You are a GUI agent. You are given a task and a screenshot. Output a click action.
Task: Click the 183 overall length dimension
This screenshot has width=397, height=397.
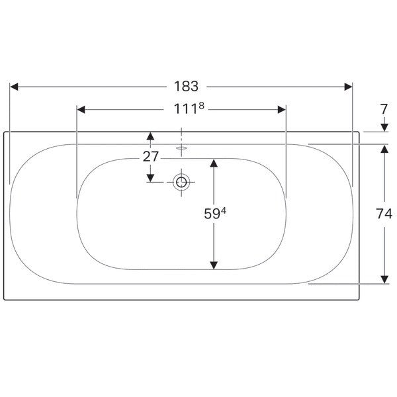pos(186,86)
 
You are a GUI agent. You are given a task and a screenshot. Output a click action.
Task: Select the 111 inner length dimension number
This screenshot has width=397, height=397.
pos(185,109)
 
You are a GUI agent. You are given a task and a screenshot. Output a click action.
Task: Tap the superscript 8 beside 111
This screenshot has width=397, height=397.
pos(201,106)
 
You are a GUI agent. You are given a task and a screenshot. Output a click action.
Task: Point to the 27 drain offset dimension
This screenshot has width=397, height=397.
pos(151,156)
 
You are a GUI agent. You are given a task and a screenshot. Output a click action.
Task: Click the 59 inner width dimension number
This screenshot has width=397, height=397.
pos(212,214)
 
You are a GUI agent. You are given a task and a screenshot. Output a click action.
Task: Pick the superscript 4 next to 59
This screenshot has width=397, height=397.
pos(224,210)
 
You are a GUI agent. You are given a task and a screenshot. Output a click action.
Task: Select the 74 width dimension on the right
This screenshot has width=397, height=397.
pos(384,214)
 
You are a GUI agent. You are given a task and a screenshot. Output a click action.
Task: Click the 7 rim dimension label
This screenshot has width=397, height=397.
pos(384,109)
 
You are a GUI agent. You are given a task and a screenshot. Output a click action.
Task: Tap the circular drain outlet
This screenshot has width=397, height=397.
pos(181,182)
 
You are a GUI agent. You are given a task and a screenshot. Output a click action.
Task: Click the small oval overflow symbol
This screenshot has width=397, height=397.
pos(181,148)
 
